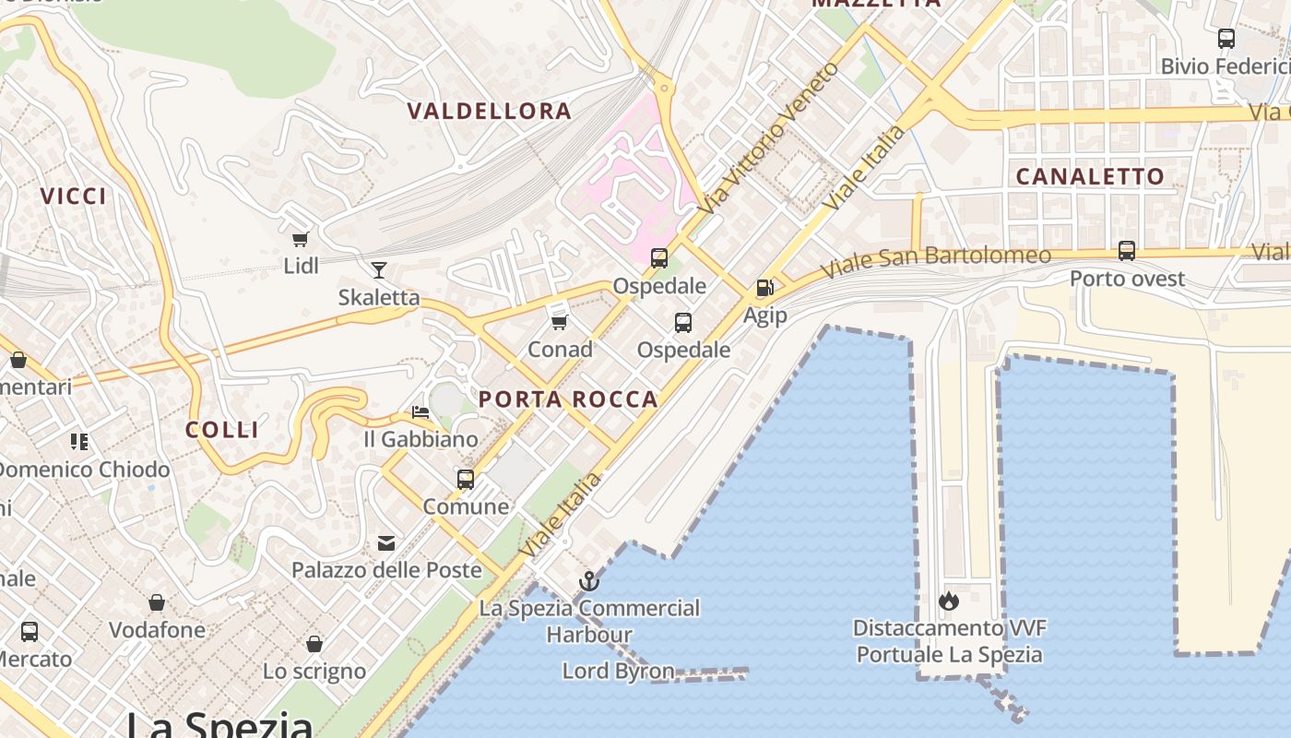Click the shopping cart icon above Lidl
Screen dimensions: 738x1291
(x=300, y=240)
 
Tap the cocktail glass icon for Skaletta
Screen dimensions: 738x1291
(x=378, y=270)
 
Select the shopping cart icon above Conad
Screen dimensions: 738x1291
(x=559, y=322)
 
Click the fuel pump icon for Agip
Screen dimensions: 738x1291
(x=764, y=288)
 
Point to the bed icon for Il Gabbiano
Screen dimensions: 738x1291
(x=420, y=412)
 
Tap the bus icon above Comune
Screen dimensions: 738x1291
(x=466, y=480)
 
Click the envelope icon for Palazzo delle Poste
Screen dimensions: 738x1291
(x=386, y=543)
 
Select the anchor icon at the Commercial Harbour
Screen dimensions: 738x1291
(x=588, y=581)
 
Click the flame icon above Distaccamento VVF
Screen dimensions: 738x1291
(x=948, y=601)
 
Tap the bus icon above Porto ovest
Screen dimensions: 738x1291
(x=1126, y=251)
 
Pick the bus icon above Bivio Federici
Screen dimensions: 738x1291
(x=1226, y=39)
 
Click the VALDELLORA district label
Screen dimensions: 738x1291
(x=490, y=112)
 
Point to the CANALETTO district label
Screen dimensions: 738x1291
(x=1090, y=176)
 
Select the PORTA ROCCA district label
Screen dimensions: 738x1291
(x=569, y=399)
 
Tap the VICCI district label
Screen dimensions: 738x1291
(x=74, y=196)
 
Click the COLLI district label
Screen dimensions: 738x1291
(x=222, y=430)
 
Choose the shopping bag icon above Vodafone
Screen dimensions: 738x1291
(x=157, y=603)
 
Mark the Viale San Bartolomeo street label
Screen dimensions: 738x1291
(x=935, y=261)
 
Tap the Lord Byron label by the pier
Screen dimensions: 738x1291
(x=618, y=671)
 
